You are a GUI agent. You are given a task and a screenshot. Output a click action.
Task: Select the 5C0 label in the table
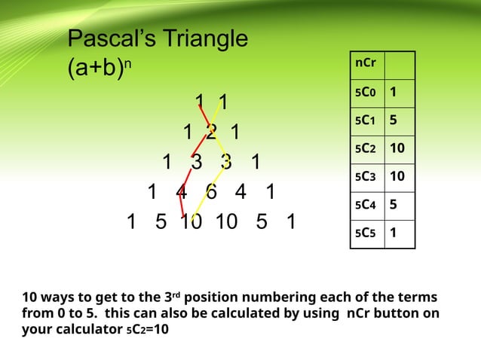[x=366, y=93]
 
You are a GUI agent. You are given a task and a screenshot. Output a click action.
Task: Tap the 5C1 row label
[x=366, y=121]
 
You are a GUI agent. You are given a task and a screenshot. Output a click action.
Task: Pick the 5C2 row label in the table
[x=366, y=149]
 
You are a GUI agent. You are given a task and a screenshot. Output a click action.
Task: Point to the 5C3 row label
[x=366, y=177]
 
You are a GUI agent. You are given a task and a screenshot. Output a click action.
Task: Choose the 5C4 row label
[x=366, y=205]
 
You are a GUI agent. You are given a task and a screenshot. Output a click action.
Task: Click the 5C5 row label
[x=366, y=233]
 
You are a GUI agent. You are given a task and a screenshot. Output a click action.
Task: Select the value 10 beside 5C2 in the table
[x=398, y=149]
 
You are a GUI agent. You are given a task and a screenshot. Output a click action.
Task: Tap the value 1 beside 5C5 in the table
[x=393, y=233]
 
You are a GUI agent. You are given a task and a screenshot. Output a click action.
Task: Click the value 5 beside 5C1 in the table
[x=393, y=121]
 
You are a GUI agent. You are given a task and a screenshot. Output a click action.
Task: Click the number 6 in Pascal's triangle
[x=212, y=192]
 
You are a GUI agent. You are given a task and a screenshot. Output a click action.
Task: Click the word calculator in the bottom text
[x=86, y=328]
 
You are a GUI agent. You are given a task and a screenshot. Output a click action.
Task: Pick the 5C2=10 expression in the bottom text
[x=148, y=328]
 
